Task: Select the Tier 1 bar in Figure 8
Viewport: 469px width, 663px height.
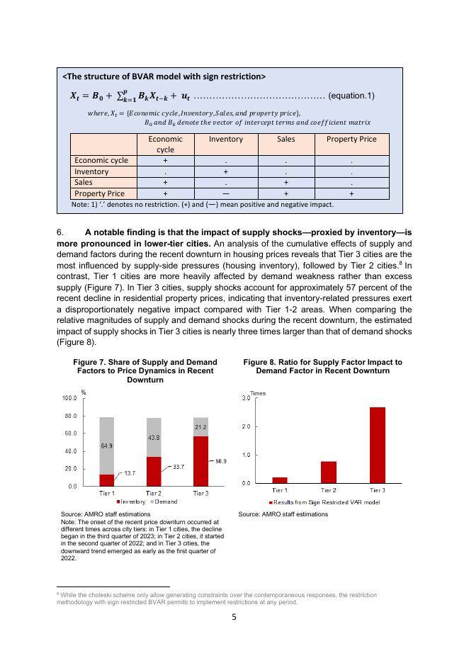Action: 280,480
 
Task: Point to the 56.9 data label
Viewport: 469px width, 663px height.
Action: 220,461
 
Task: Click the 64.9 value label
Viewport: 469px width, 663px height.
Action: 107,446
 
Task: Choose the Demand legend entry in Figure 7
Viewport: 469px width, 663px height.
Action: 164,501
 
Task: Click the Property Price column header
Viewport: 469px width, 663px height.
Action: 351,139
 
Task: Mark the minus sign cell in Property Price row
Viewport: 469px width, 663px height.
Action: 225,193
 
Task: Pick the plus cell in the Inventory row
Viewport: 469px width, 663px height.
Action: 225,171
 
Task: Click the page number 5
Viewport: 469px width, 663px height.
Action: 234,616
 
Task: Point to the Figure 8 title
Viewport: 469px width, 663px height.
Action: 322,366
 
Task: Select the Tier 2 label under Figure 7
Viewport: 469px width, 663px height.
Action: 154,492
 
